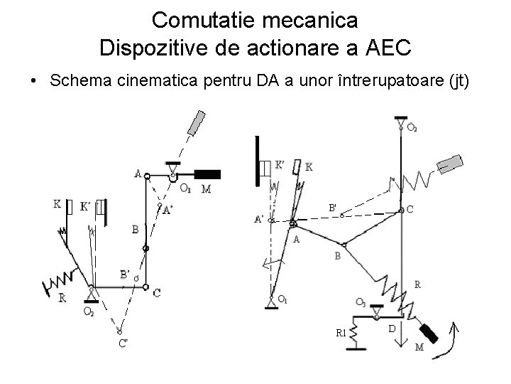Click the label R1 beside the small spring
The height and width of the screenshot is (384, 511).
tap(341, 332)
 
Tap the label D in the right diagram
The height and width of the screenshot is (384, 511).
tap(392, 328)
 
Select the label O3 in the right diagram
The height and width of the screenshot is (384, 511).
tap(361, 302)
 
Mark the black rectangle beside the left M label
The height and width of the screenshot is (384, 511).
tap(207, 174)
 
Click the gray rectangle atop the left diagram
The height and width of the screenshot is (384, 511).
tap(197, 122)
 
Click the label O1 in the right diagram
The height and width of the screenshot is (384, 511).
tap(283, 299)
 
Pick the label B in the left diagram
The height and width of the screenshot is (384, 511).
tap(135, 229)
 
